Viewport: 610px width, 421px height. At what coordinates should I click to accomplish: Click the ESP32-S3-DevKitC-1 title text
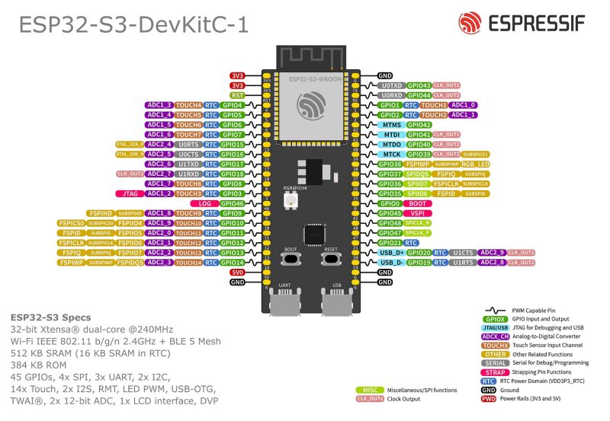(133, 25)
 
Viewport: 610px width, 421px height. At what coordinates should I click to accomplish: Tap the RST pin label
(237, 95)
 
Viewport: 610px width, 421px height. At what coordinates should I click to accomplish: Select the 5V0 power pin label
(237, 272)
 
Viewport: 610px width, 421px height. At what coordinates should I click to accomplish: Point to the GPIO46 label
(233, 203)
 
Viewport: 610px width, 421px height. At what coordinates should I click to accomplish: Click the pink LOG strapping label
(205, 203)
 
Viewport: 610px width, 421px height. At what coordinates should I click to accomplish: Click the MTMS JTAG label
(391, 124)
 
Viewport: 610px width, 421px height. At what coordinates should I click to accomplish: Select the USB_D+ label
(391, 252)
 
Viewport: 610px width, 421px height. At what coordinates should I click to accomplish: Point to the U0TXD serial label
(391, 85)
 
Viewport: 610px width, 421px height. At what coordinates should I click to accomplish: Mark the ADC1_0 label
(464, 105)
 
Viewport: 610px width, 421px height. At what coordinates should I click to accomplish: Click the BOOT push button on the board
(291, 260)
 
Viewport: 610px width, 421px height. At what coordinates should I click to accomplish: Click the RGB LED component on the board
(291, 200)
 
